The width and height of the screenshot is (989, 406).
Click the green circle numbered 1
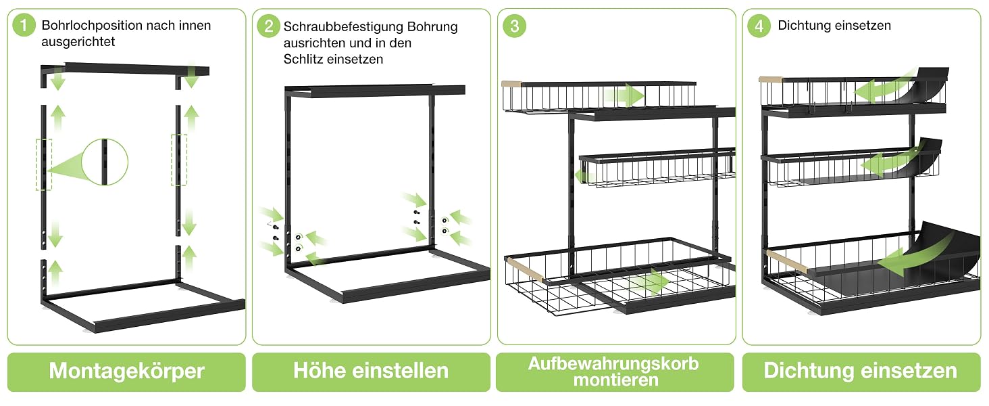(x=24, y=25)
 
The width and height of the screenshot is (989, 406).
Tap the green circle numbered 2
(x=268, y=26)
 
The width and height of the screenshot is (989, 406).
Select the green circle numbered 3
(x=514, y=26)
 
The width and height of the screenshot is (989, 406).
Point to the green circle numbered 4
(x=759, y=26)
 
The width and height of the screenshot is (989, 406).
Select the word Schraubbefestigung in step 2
(x=343, y=26)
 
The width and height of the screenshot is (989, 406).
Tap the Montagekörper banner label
(x=127, y=371)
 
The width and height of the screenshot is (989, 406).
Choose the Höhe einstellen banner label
(x=371, y=371)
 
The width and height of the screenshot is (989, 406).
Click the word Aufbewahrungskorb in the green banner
(x=613, y=363)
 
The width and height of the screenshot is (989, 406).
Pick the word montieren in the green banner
(x=616, y=380)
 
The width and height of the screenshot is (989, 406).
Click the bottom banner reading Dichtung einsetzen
(x=861, y=371)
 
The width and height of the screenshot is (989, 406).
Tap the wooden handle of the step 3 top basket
(x=511, y=83)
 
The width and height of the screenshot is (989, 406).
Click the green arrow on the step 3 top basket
(x=624, y=95)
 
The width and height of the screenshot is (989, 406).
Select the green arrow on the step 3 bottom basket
(x=649, y=283)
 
